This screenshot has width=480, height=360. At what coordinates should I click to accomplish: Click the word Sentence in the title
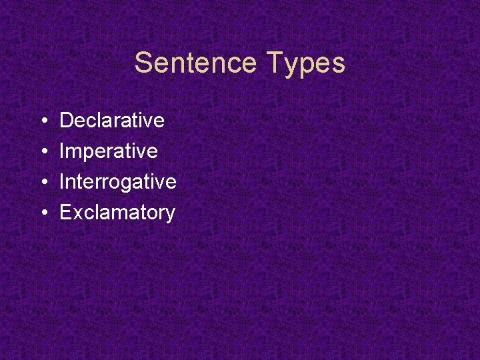click(195, 63)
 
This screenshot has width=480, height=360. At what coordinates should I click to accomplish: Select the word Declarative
click(112, 121)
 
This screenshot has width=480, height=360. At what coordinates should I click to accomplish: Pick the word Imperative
click(109, 151)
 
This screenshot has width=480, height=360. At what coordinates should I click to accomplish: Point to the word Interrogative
click(118, 182)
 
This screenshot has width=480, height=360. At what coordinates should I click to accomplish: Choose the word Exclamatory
click(117, 213)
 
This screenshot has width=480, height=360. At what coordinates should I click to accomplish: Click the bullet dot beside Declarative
click(43, 121)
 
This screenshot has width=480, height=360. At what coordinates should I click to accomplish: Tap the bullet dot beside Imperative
click(43, 152)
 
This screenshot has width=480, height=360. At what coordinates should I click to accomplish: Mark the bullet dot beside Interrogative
click(43, 183)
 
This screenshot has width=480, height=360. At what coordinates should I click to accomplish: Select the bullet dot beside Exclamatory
click(43, 213)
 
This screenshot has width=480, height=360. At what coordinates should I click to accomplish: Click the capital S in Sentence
click(143, 63)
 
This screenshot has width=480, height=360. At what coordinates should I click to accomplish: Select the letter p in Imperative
click(85, 153)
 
